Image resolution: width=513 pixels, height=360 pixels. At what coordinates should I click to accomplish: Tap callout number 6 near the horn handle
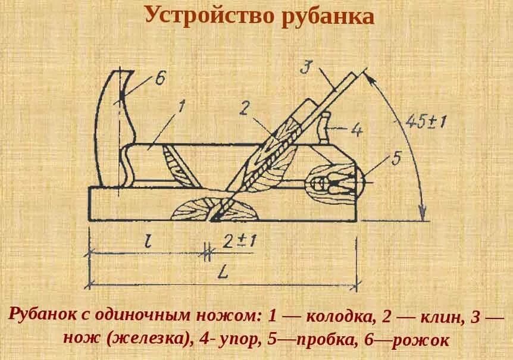coord(161,80)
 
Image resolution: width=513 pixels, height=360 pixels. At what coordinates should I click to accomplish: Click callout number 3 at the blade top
coord(305,66)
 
